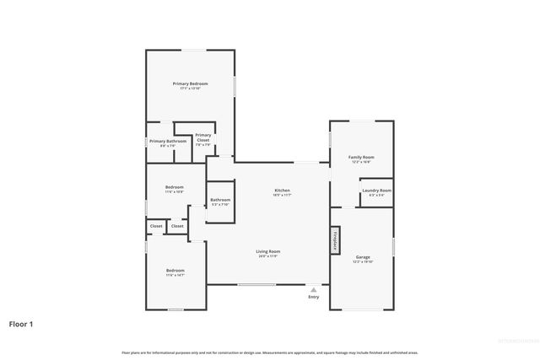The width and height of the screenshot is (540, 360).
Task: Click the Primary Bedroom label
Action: point(190,83)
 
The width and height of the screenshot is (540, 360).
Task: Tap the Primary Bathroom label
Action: point(168,141)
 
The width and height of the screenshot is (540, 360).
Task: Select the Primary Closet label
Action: point(203,137)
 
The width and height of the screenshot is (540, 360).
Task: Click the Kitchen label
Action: point(282,191)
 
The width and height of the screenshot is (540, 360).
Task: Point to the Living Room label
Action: point(268,251)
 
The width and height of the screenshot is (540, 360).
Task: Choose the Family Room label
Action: point(361,157)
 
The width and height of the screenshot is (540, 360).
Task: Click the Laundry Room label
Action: point(376,191)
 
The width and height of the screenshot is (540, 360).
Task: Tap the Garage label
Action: point(363,256)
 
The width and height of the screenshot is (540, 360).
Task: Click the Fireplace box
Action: point(335,239)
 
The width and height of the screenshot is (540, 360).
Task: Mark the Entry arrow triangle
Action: point(314,288)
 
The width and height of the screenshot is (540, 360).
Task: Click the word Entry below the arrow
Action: point(314,297)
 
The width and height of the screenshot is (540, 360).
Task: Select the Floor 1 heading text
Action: point(21,323)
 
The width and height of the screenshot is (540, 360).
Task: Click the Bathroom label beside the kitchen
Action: point(220,200)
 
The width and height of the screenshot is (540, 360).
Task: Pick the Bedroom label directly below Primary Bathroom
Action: point(174,186)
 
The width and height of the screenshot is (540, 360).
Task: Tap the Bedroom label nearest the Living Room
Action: point(175,270)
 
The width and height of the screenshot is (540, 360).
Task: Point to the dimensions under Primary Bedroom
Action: point(190,89)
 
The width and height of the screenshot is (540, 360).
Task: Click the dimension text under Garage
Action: point(363,261)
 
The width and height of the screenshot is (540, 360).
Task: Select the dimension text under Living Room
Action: point(268,256)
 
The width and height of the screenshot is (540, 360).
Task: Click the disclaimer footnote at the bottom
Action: point(269,352)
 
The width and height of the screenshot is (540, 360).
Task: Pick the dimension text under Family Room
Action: point(361,162)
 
